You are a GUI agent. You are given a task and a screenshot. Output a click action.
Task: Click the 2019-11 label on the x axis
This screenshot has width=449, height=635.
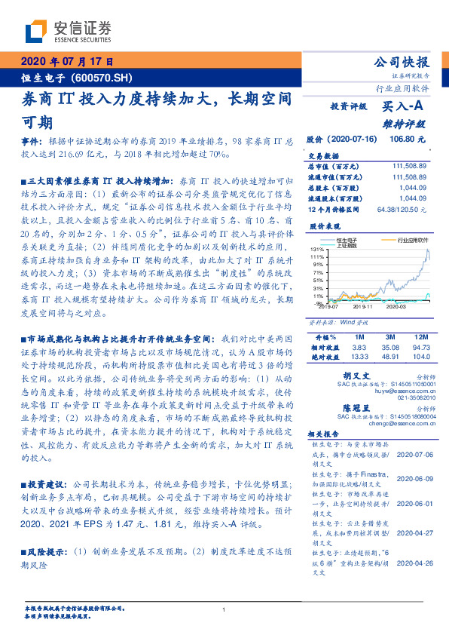(x=362, y=308)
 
